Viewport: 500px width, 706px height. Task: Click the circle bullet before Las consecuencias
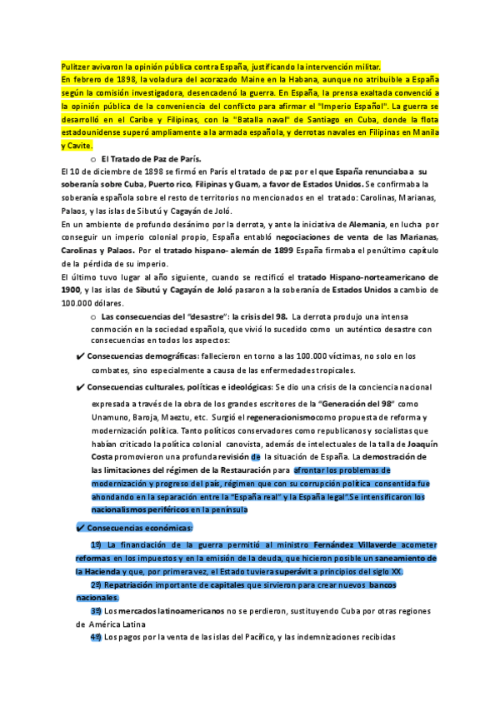coord(92,317)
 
